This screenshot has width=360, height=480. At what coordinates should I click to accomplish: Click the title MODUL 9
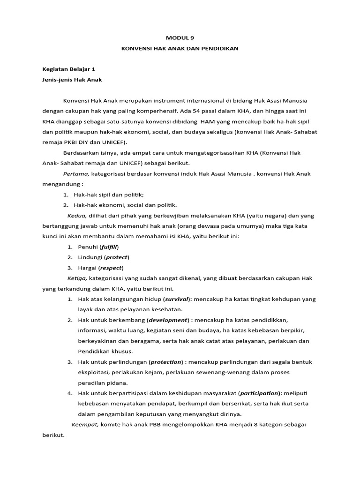[x=180, y=39]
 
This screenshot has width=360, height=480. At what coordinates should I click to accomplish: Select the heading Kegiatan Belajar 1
[x=68, y=69]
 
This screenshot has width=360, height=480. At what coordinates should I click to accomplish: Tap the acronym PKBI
[x=74, y=142]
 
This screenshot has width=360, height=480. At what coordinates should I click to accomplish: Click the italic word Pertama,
[x=76, y=173]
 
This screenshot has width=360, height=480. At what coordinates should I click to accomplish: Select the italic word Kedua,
[x=77, y=215]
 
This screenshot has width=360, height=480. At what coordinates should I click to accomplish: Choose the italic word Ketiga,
[x=77, y=278]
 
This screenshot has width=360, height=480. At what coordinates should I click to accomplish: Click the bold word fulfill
[x=111, y=247]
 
